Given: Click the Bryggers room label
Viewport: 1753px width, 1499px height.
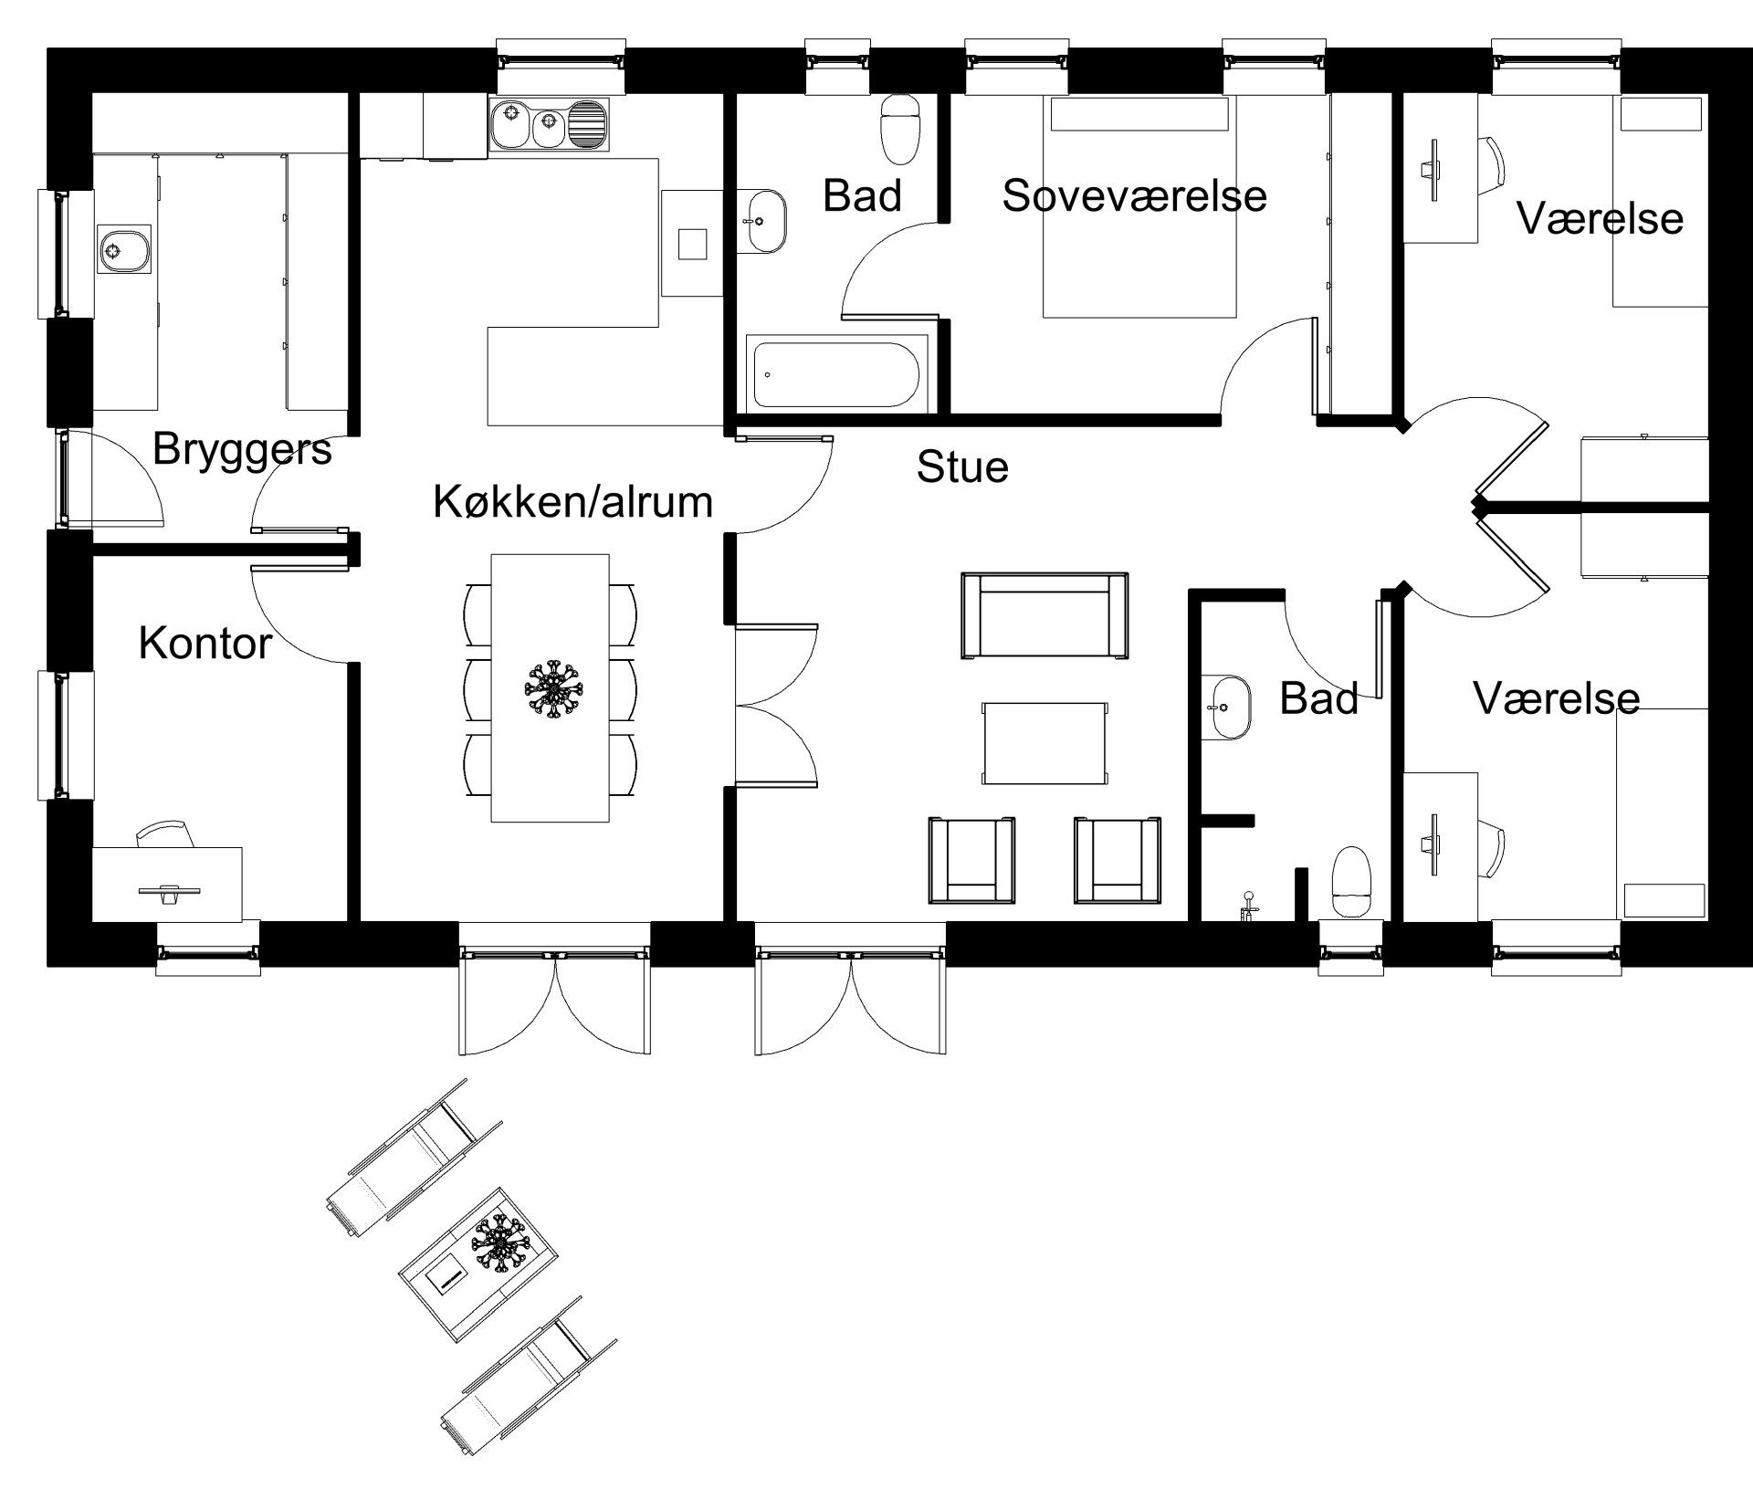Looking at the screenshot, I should tap(242, 449).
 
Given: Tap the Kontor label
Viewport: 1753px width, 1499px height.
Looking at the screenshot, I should tap(205, 644).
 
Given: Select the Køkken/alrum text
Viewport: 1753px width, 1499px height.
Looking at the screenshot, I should tap(572, 502).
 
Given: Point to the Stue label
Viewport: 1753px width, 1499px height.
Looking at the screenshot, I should tap(962, 467).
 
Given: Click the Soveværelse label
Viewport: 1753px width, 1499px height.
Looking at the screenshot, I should tap(1134, 196).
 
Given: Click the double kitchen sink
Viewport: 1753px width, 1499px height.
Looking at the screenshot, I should tap(548, 125).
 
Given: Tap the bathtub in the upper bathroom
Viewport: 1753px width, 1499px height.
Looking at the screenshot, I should tap(837, 373).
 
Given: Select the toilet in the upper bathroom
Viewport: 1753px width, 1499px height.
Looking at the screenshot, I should tap(900, 130).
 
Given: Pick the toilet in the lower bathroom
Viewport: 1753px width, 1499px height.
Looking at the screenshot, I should tap(1351, 881).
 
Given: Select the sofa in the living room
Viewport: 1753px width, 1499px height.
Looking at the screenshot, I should tap(1044, 615).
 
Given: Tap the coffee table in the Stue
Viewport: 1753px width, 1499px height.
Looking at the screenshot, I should tap(1044, 743).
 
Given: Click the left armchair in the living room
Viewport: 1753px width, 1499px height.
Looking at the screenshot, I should tap(971, 860).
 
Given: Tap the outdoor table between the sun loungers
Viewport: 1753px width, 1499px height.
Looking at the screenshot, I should tap(479, 1263).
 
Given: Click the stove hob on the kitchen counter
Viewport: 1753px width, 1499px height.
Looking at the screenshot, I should tap(691, 244).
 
